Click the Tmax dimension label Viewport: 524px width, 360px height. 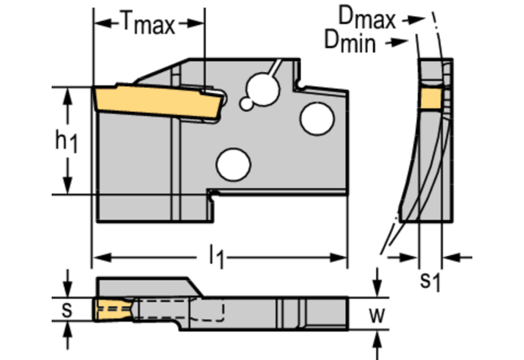click(148, 24)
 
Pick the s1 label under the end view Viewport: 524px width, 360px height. click(429, 279)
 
